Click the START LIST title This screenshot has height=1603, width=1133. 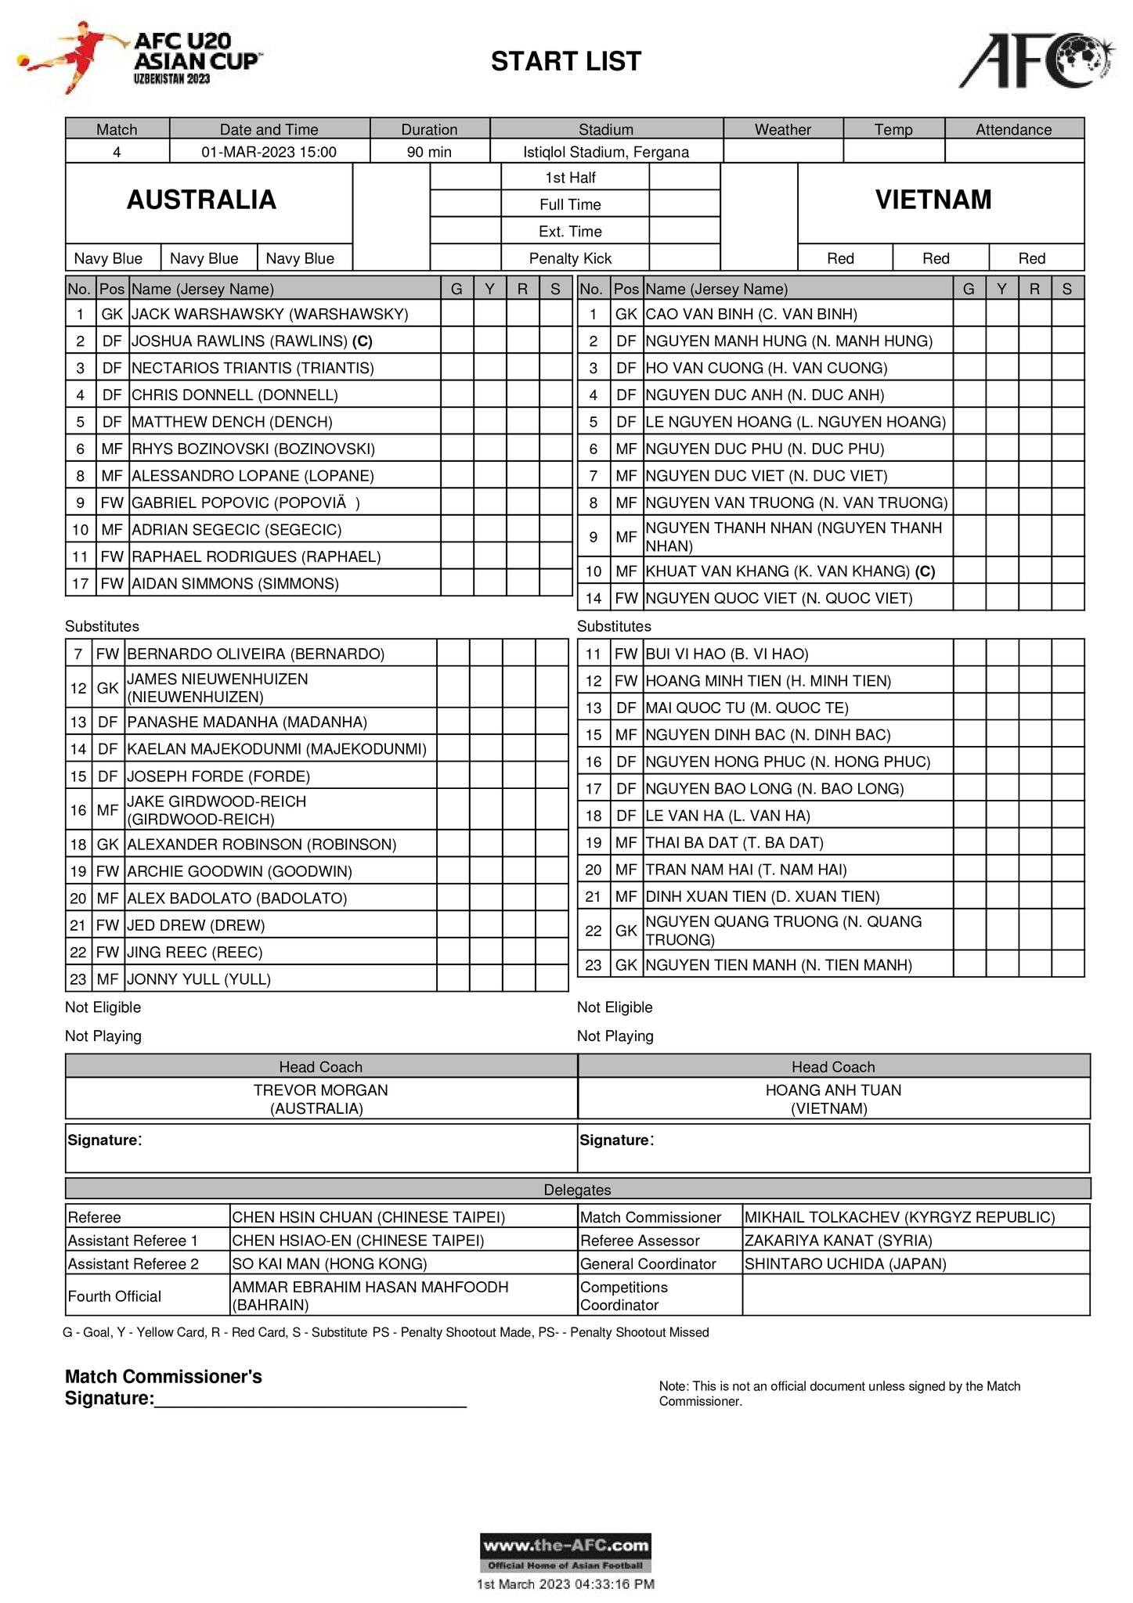tap(565, 61)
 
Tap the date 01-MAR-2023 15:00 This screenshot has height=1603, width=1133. tap(269, 152)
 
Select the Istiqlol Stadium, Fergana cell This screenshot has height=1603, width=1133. tap(605, 152)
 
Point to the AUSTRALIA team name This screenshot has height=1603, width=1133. tap(201, 200)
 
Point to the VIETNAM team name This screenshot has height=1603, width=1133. tap(933, 200)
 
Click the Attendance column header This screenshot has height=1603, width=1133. tap(1013, 129)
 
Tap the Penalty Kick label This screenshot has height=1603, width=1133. tap(570, 258)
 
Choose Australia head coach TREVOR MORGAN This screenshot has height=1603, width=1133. tap(320, 1090)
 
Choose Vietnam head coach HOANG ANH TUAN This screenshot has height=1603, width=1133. tap(833, 1090)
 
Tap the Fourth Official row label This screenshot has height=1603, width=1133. tap(114, 1296)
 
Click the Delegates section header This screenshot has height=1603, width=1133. tap(577, 1190)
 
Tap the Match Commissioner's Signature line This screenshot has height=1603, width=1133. tap(309, 1399)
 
